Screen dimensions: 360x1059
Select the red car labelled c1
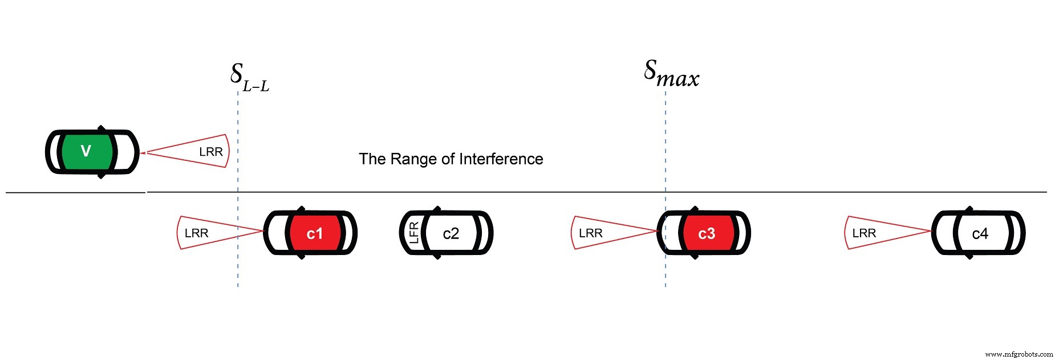(310, 233)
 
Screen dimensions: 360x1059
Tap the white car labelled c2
(447, 233)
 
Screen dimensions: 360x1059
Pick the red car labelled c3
(703, 233)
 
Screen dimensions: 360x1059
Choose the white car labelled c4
(978, 233)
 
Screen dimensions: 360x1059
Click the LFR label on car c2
(414, 233)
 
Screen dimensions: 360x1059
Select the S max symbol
(671, 74)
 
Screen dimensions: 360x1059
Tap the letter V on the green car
(86, 151)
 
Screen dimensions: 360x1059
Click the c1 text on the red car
(314, 234)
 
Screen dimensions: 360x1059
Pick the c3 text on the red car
(706, 234)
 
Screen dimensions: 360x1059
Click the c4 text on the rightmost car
(980, 234)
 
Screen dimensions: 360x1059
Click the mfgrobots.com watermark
(1019, 354)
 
